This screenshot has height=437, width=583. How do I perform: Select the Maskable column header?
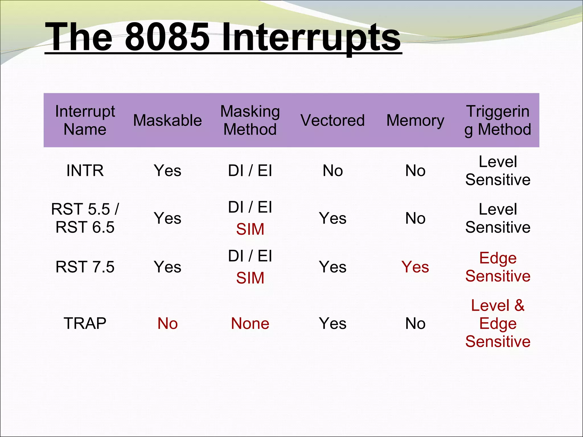pyautogui.click(x=167, y=120)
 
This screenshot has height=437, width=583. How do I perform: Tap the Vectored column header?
pyautogui.click(x=332, y=120)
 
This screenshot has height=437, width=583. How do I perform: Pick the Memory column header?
pyautogui.click(x=415, y=120)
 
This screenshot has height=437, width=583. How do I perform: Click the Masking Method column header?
pyautogui.click(x=250, y=120)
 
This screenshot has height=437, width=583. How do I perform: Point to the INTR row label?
pyautogui.click(x=85, y=171)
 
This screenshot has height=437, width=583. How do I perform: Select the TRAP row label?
pyautogui.click(x=85, y=323)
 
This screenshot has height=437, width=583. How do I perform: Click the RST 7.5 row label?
pyautogui.click(x=85, y=267)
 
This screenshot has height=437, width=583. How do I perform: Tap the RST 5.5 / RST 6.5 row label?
pyautogui.click(x=85, y=218)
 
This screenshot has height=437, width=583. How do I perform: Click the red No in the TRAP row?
pyautogui.click(x=167, y=323)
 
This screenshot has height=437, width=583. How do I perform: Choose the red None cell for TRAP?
pyautogui.click(x=250, y=323)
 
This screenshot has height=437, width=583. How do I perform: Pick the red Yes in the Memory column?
pyautogui.click(x=415, y=267)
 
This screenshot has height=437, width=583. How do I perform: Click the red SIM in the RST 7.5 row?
pyautogui.click(x=250, y=278)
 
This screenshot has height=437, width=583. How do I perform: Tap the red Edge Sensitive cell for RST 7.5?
pyautogui.click(x=498, y=267)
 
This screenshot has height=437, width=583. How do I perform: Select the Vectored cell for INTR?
pyautogui.click(x=332, y=171)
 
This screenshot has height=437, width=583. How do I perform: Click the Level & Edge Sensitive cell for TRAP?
pyautogui.click(x=498, y=323)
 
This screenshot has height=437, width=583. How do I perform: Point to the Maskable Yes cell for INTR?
pyautogui.click(x=167, y=171)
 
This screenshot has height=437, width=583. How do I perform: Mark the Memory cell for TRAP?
pyautogui.click(x=415, y=323)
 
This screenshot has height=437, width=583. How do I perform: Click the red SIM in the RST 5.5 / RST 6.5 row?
pyautogui.click(x=250, y=229)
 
